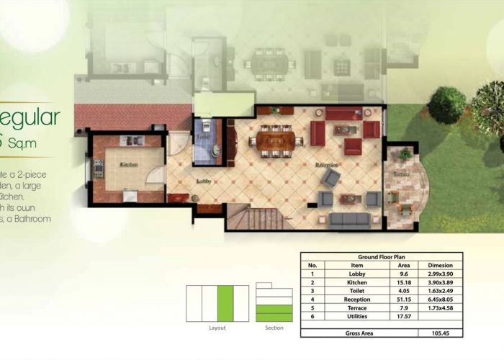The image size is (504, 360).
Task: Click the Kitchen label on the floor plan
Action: (x=129, y=165)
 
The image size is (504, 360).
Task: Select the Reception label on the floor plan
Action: (x=326, y=165)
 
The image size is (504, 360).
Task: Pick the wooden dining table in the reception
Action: (x=274, y=140)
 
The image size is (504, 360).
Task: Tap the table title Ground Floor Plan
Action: (x=381, y=257)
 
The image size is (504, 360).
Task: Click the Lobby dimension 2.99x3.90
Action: (x=440, y=274)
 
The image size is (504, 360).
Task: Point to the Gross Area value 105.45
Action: (x=440, y=333)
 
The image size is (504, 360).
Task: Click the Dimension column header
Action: (x=440, y=265)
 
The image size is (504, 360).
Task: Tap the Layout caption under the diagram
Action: (x=217, y=328)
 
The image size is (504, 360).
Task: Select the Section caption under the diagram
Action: (x=274, y=328)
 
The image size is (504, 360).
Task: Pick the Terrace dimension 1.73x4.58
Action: (x=440, y=307)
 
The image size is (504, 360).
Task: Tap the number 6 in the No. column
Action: (x=312, y=315)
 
